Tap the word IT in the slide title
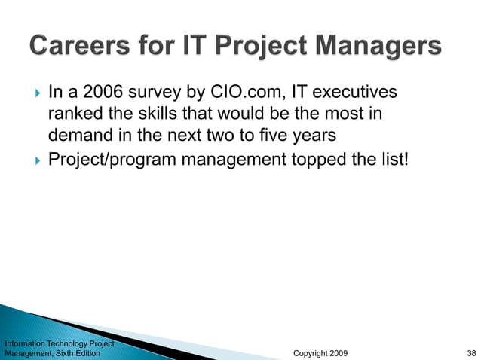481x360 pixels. pyautogui.click(x=197, y=47)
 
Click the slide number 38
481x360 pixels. pyautogui.click(x=471, y=352)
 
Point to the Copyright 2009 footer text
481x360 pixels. pyautogui.click(x=320, y=352)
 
